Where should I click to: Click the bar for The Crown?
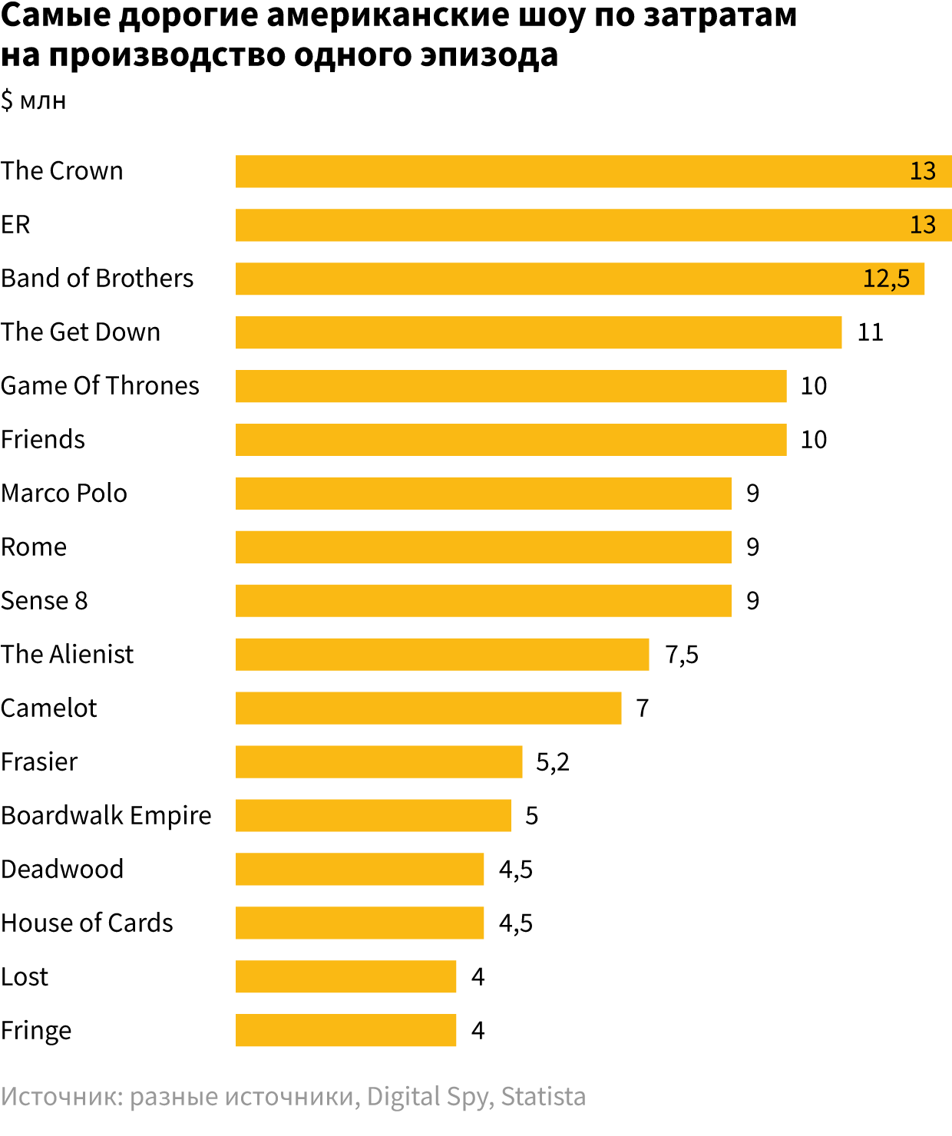(568, 171)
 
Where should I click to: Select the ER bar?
(568, 225)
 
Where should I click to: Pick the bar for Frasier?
(378, 762)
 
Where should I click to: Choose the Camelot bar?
(428, 708)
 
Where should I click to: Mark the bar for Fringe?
(345, 1031)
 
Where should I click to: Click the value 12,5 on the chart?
(886, 279)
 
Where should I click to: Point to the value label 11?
(870, 332)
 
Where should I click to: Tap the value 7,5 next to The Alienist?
(682, 655)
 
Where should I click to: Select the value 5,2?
(553, 762)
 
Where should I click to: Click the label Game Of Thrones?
(100, 386)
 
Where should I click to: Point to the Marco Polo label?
(64, 494)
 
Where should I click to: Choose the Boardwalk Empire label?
(106, 816)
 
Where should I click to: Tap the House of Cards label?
(87, 923)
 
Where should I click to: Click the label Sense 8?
(45, 601)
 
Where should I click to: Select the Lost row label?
(25, 977)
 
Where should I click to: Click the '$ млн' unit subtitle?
(34, 101)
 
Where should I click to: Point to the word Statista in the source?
(543, 1097)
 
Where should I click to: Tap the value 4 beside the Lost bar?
(478, 977)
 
